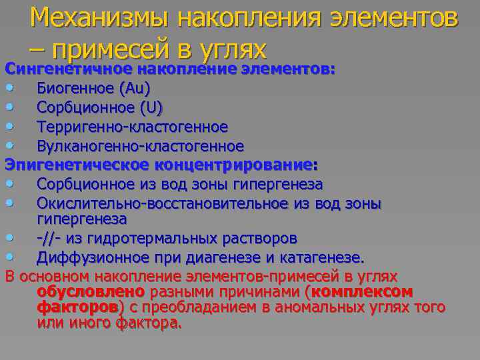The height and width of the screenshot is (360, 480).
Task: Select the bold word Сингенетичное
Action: point(63,69)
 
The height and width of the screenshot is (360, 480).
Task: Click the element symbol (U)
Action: point(154,107)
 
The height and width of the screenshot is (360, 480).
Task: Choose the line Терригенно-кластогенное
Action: point(132,127)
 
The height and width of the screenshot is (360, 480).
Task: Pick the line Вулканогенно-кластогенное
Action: point(140,145)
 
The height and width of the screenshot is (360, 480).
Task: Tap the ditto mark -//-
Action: point(48,238)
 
